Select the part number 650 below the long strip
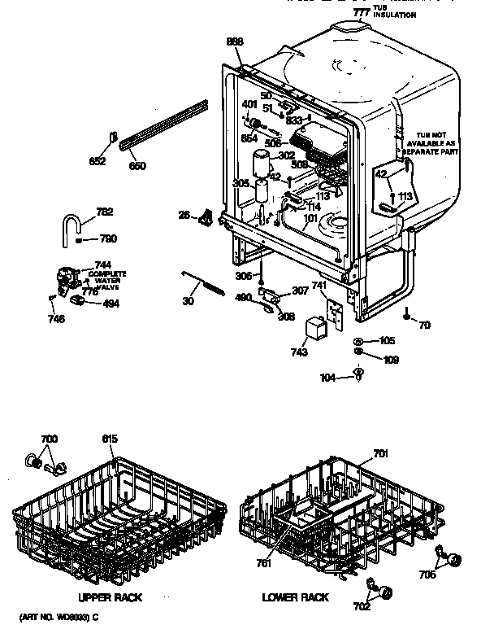coord(137,166)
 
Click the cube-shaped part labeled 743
coord(314,330)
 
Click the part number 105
coord(388,341)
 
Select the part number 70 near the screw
coord(424,326)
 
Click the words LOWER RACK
coord(296,597)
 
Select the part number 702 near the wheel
coord(362,606)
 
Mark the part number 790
coord(107,238)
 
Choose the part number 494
coord(107,304)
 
